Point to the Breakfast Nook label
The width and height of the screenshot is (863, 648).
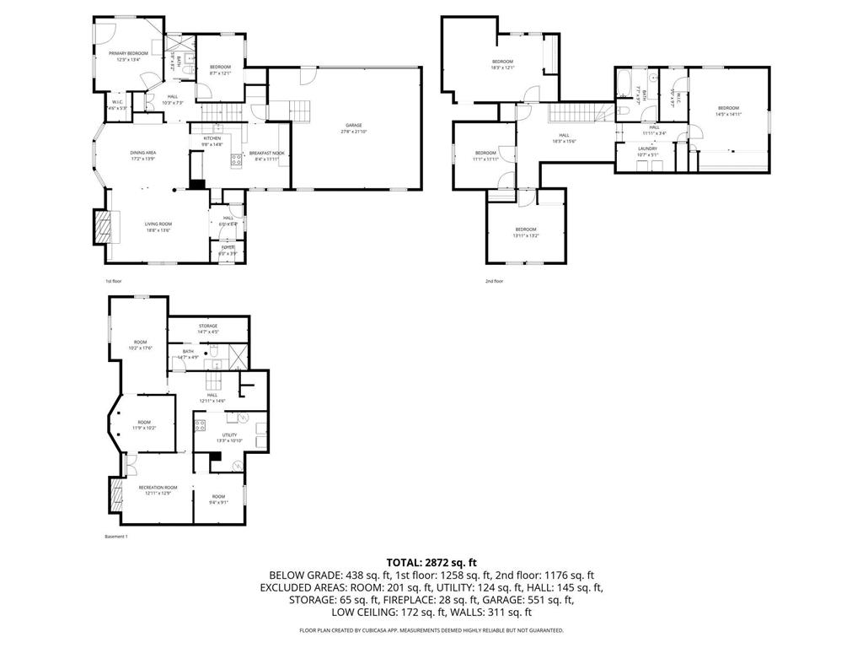[267, 153]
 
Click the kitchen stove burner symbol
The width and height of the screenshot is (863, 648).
[236, 159]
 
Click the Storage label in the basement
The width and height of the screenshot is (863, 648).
[208, 326]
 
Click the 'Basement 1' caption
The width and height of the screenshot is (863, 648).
[115, 537]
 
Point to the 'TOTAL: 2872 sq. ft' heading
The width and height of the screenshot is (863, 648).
[431, 562]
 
